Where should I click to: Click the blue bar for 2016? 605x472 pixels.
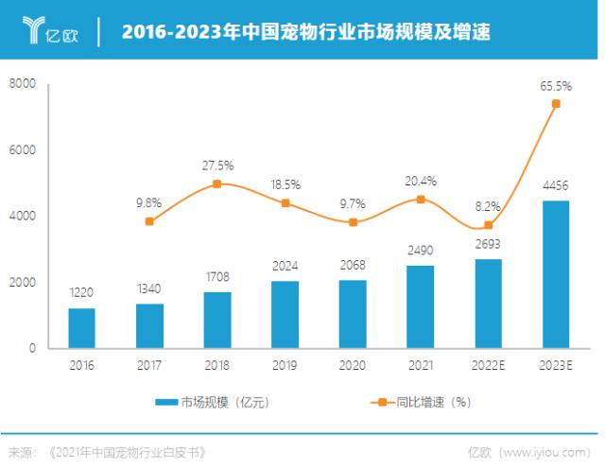pyautogui.click(x=81, y=327)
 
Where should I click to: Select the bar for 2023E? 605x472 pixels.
pyautogui.click(x=556, y=274)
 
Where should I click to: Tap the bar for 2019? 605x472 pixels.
pyautogui.click(x=285, y=314)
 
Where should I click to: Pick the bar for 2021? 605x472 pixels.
pyautogui.click(x=421, y=306)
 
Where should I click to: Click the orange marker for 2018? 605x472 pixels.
pyautogui.click(x=216, y=184)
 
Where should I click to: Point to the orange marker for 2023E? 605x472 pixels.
pyautogui.click(x=556, y=104)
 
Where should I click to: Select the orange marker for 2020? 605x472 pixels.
pyautogui.click(x=353, y=222)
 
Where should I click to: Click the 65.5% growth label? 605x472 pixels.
pyautogui.click(x=556, y=85)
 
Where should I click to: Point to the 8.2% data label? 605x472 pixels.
pyautogui.click(x=488, y=204)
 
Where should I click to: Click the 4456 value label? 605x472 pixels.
pyautogui.click(x=556, y=185)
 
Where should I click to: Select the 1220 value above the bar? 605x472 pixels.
pyautogui.click(x=81, y=293)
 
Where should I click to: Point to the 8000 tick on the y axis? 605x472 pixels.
pyautogui.click(x=22, y=84)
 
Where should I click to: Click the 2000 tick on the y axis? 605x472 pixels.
pyautogui.click(x=22, y=283)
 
